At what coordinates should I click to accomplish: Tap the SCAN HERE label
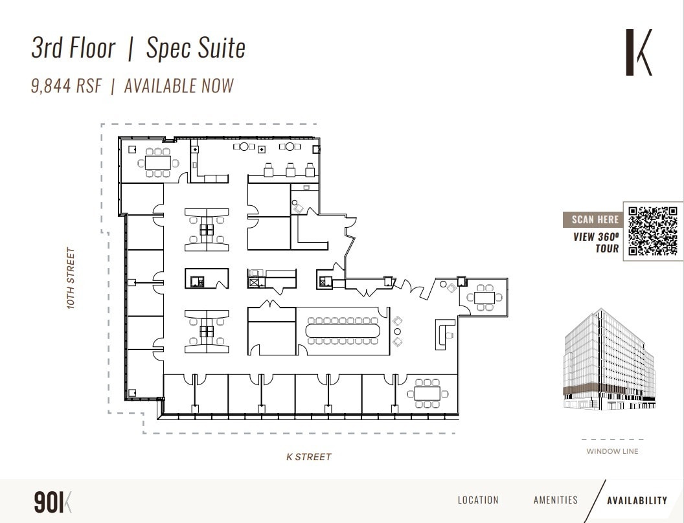[595, 219]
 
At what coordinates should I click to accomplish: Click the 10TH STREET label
[71, 278]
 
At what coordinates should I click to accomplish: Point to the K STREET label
[309, 457]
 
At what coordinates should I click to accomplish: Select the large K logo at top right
[639, 52]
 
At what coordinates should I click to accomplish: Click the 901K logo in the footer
[52, 502]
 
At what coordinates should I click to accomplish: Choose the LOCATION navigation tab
[478, 500]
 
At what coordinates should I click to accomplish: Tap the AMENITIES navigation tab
[555, 500]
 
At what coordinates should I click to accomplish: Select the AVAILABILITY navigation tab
[637, 500]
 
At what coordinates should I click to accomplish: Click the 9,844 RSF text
[66, 86]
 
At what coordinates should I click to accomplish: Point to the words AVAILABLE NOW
[179, 86]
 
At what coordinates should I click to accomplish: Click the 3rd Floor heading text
[73, 49]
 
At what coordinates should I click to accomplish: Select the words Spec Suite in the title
[196, 49]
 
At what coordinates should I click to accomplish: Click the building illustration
[609, 360]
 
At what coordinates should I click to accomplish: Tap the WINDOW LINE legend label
[612, 451]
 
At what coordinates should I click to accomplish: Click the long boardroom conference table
[344, 331]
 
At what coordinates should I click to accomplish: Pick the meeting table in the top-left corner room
[157, 162]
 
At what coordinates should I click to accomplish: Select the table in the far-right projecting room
[484, 298]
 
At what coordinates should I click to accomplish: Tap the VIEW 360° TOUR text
[596, 243]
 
